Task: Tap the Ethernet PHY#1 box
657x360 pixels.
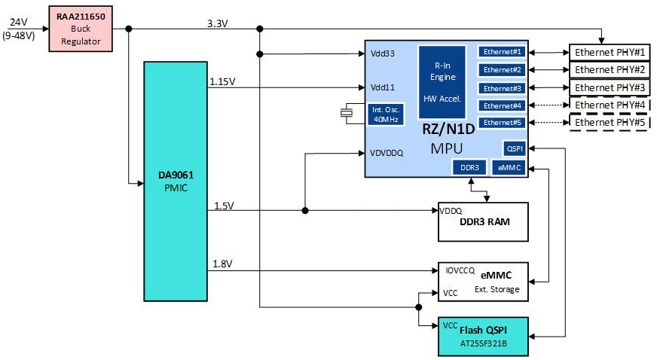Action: (610, 53)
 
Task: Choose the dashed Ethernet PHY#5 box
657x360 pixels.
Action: (610, 122)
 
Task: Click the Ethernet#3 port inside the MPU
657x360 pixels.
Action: (503, 87)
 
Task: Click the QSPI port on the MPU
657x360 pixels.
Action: (515, 148)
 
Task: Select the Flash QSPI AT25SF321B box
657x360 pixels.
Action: (483, 336)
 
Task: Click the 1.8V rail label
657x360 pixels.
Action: (223, 264)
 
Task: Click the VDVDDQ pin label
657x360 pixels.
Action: (387, 153)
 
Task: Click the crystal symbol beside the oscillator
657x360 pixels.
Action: (347, 113)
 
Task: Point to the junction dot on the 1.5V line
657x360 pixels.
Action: (304, 210)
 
